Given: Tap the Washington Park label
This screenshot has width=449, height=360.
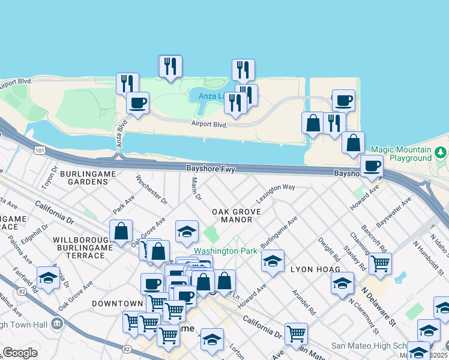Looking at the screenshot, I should pos(225,251).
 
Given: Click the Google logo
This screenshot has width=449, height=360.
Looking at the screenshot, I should pos(20,353).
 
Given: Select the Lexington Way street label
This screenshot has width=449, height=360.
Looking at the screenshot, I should pos(276,193).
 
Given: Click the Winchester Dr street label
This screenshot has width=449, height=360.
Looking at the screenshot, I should pos(151,188).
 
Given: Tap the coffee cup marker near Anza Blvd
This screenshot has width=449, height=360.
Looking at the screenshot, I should pos(138,103).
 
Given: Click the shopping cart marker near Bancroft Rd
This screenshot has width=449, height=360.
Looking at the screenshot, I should pos(380,263).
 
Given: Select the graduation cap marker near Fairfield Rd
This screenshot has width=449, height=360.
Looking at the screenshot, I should pos(49,277).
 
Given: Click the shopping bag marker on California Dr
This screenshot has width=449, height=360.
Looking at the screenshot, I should pos(121,231).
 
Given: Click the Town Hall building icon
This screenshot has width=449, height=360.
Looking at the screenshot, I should pos(58,324).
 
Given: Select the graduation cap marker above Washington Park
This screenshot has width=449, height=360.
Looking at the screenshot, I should pos(187,231).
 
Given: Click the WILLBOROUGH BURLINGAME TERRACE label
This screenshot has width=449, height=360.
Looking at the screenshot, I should pos(79,247).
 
